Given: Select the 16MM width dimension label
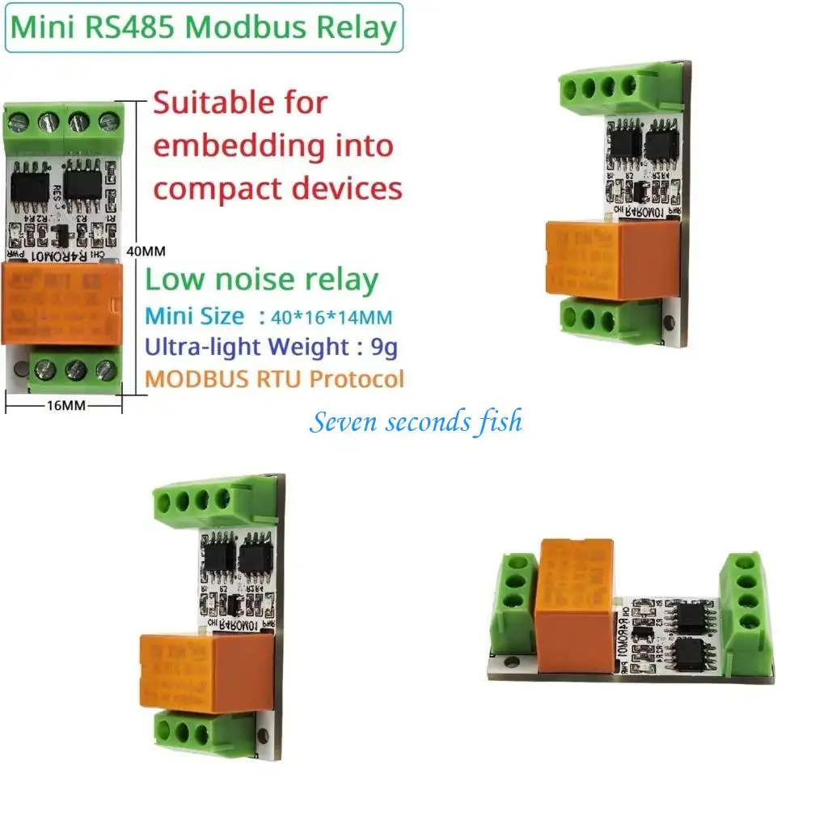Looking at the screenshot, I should point(64,406).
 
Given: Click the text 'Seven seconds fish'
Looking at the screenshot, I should point(416,422).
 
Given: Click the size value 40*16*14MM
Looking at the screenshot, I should point(327,316).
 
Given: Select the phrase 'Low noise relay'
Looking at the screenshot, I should point(261,280).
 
